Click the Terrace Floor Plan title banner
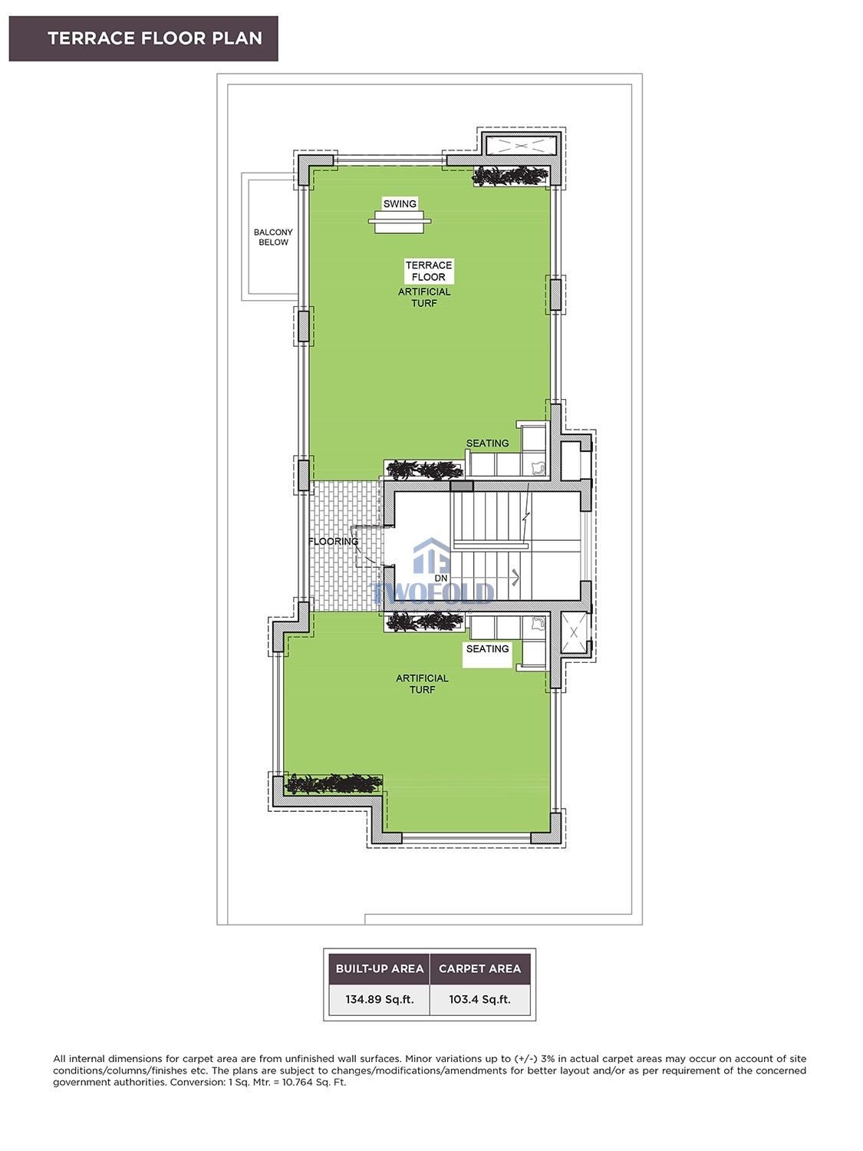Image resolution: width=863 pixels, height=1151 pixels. point(143,38)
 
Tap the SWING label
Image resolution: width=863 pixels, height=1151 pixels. point(400,203)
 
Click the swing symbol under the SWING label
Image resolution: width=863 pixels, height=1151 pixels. point(399,222)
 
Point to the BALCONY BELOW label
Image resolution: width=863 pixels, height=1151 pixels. point(273,237)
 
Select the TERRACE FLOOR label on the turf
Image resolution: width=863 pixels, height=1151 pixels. point(429,271)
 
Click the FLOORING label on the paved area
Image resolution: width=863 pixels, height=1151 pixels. point(333,541)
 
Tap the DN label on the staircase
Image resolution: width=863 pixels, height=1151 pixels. point(441,578)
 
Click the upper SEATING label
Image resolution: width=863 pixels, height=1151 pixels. point(487,443)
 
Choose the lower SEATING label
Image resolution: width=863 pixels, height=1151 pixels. point(487,648)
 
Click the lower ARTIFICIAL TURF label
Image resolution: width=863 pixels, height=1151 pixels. point(423,684)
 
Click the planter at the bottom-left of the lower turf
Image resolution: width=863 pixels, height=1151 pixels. point(333,783)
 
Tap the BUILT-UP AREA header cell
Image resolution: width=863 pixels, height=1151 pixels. point(380,968)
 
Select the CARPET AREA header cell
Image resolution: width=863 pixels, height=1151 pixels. point(480,968)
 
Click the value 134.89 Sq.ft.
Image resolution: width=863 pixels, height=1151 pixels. point(380,1000)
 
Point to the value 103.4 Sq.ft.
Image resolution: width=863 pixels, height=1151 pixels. point(480,1000)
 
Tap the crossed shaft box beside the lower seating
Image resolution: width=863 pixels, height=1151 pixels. point(574,632)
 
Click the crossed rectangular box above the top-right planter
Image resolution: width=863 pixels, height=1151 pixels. point(521,145)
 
